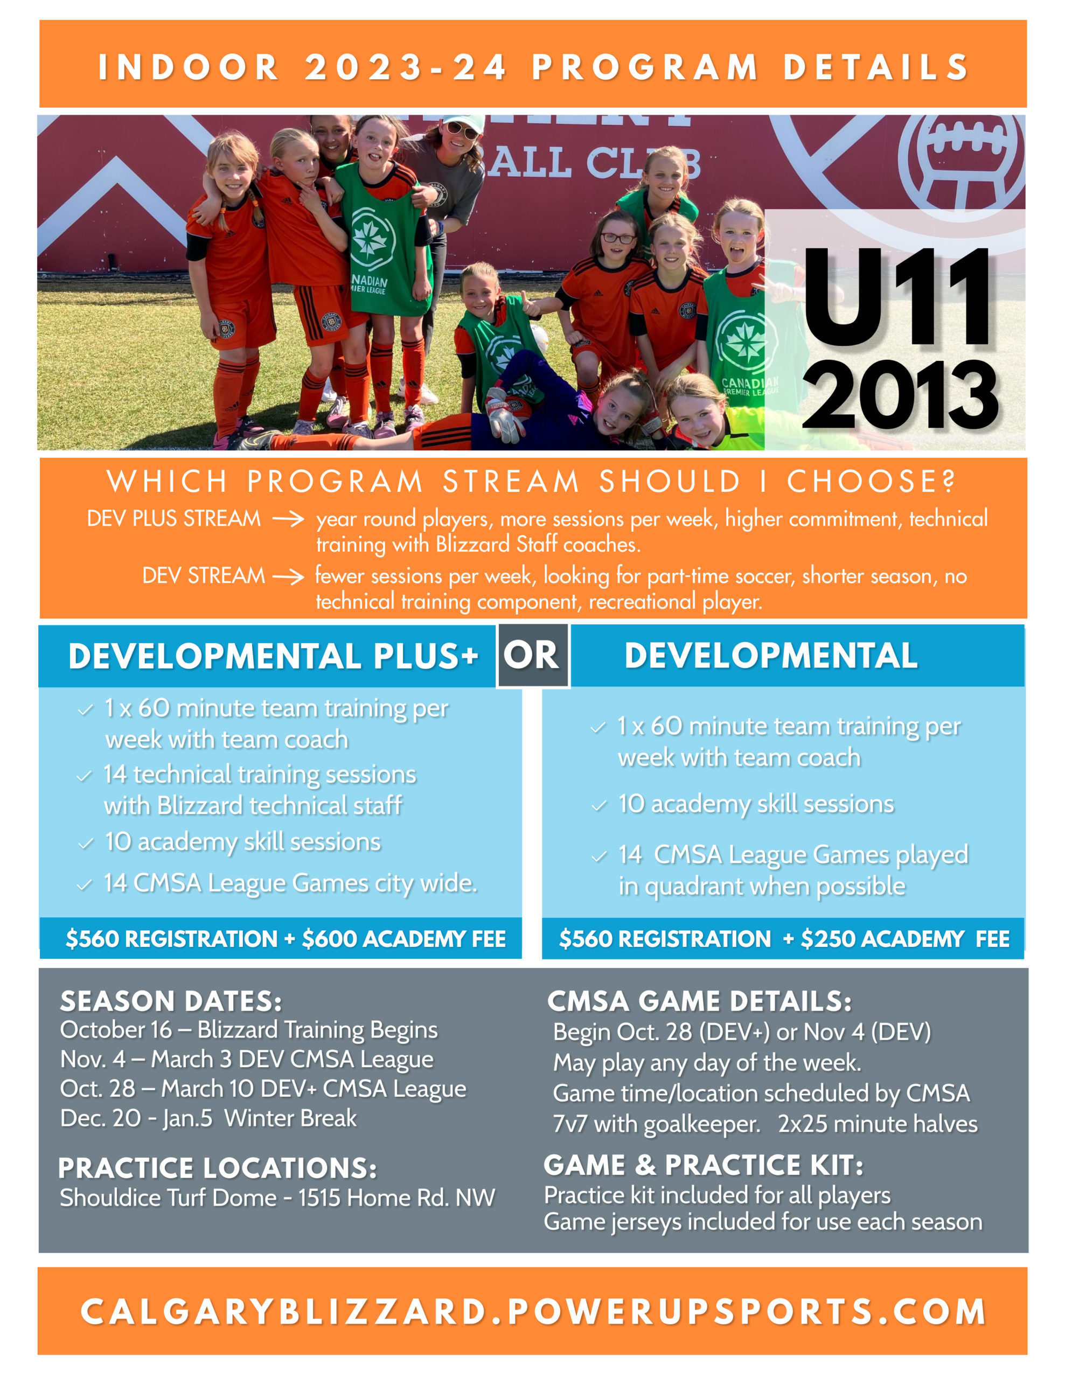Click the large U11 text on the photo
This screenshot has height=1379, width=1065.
click(x=897, y=297)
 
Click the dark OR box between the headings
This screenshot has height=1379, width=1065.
click(x=532, y=656)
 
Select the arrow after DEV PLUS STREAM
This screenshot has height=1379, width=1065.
click(x=288, y=520)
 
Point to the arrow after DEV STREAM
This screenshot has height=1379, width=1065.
click(x=288, y=576)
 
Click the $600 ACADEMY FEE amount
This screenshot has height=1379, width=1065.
click(x=404, y=939)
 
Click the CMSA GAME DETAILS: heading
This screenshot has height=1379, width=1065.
click(x=699, y=1001)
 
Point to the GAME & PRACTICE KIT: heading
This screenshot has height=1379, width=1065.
click(x=703, y=1165)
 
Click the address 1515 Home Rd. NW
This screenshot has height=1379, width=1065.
click(x=396, y=1198)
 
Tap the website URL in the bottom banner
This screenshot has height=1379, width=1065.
click(x=533, y=1312)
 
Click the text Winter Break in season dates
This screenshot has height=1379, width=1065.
click(x=290, y=1118)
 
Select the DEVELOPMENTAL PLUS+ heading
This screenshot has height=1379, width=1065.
click(x=273, y=656)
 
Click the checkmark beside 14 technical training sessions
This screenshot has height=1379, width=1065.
click(x=84, y=777)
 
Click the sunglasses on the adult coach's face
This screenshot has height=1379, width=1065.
click(x=462, y=131)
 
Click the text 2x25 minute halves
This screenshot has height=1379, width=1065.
click(x=878, y=1125)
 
